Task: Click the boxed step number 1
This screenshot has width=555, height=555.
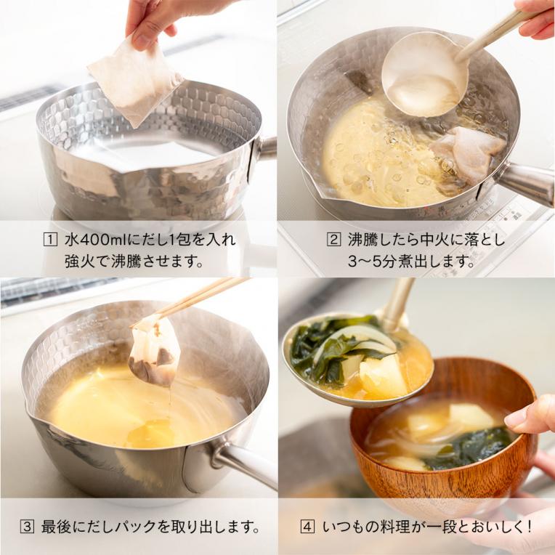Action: coord(50,240)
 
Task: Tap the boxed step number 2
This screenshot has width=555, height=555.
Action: coord(333,240)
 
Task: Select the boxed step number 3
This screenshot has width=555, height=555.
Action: coord(27,527)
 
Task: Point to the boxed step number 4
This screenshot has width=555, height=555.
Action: coord(307,527)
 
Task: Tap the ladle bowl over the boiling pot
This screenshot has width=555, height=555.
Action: coord(425,75)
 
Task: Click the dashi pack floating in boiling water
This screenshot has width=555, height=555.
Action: coord(467,153)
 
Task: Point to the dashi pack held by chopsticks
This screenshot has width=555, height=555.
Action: coord(154,351)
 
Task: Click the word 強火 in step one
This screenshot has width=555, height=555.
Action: coord(80,262)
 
